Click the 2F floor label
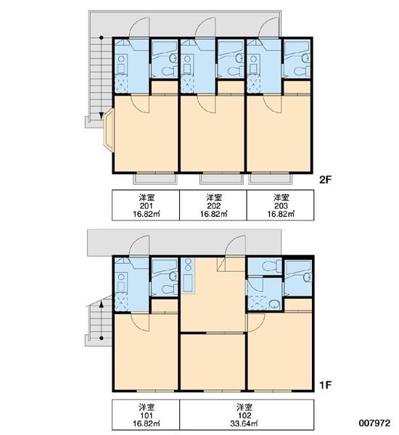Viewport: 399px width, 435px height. [325, 180]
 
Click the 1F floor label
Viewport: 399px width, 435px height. [325, 385]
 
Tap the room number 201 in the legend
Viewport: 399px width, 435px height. [146, 206]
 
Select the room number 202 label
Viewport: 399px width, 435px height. [213, 206]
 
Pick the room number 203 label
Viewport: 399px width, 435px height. [281, 206]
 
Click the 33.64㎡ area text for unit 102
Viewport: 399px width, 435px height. [244, 423]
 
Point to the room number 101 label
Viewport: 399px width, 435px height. [146, 415]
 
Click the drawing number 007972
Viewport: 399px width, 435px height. [374, 423]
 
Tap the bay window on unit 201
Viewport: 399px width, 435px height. [109, 130]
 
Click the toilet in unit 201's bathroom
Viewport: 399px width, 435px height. [169, 71]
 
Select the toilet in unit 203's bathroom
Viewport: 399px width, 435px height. [302, 71]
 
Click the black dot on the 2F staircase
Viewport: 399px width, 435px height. [102, 38]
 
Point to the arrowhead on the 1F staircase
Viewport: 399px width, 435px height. [102, 304]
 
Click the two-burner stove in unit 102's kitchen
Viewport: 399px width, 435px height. [188, 265]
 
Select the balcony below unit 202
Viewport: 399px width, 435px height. [221, 179]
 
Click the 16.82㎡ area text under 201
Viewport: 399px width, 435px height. [146, 214]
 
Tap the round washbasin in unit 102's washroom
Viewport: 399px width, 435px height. [273, 304]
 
